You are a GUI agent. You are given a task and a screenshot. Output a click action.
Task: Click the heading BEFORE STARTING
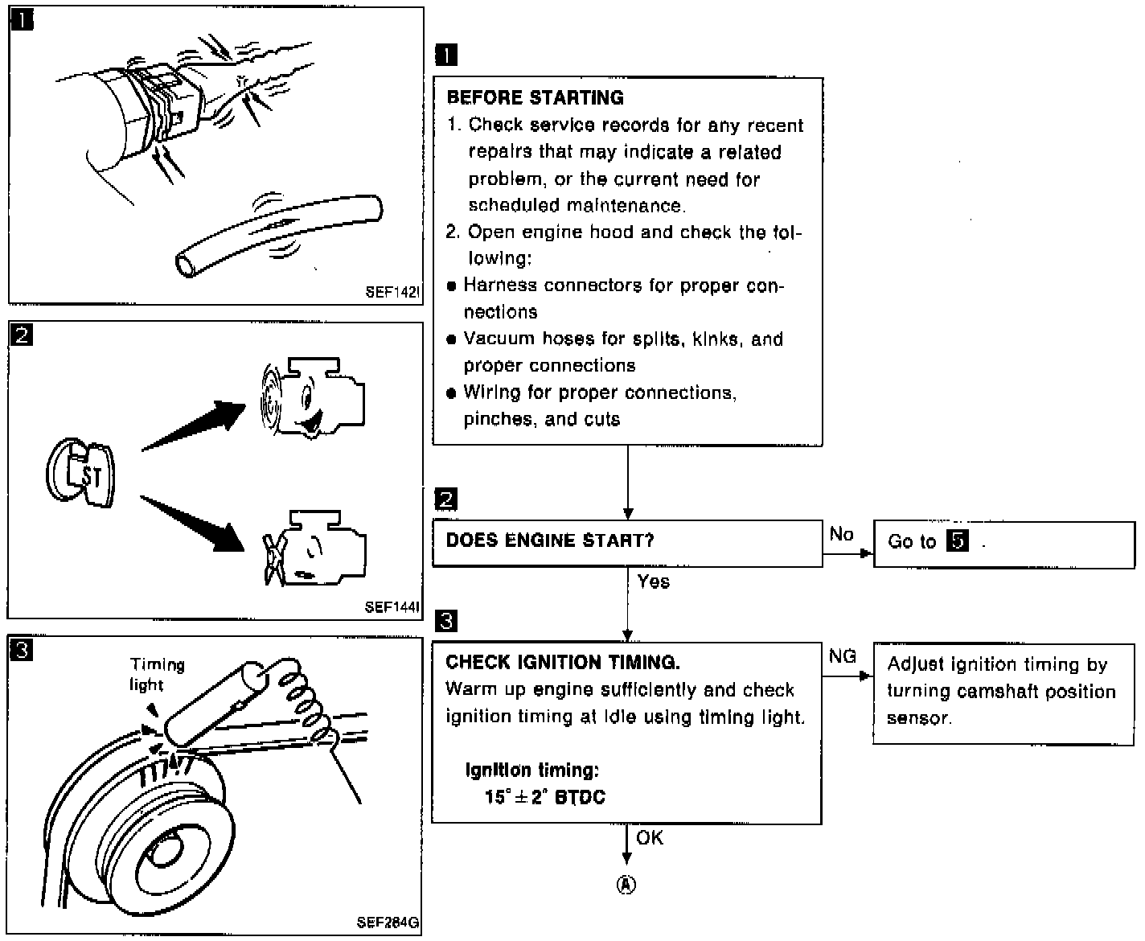tap(535, 98)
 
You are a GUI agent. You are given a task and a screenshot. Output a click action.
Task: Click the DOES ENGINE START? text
tap(549, 540)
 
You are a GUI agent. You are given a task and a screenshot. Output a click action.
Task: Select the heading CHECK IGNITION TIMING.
tap(563, 662)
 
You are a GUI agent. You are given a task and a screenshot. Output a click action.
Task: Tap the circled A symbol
tap(626, 885)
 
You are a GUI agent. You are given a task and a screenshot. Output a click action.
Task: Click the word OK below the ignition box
tap(650, 838)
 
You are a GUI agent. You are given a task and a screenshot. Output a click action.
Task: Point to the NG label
tap(842, 656)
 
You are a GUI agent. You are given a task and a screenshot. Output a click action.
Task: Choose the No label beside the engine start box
tap(841, 534)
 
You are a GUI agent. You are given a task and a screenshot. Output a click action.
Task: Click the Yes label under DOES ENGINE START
tap(653, 581)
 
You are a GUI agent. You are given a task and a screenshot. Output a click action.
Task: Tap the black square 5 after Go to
tap(957, 540)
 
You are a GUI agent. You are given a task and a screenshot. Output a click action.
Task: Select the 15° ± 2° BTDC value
tap(544, 797)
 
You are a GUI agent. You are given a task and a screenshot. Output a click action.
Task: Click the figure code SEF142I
tap(392, 292)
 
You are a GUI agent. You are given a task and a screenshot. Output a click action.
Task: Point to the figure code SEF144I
tap(392, 606)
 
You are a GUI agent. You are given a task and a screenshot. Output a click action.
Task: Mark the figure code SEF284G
tap(388, 922)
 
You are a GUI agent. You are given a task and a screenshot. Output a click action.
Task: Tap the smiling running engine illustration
tap(312, 397)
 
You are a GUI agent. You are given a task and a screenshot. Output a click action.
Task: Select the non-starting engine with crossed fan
tap(314, 548)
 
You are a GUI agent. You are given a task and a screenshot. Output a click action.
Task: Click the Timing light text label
tap(157, 675)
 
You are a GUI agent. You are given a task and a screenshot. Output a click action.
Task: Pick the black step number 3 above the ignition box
tap(446, 621)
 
